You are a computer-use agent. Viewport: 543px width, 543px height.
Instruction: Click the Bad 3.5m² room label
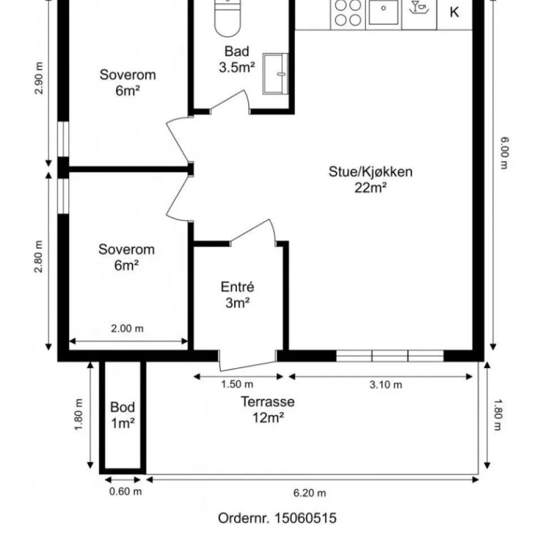(237, 59)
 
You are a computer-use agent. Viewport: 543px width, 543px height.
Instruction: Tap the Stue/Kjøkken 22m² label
(370, 179)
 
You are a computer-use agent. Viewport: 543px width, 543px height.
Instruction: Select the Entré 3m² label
(238, 295)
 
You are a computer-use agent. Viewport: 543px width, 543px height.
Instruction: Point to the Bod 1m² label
(123, 415)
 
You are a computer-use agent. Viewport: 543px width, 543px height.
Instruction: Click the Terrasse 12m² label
(268, 410)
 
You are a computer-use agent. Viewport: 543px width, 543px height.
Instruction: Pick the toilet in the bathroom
(227, 18)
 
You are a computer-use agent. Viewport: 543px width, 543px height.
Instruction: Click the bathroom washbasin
(275, 74)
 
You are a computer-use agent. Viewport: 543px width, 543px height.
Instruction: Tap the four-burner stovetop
(348, 14)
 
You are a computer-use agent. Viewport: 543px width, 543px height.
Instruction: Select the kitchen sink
(383, 14)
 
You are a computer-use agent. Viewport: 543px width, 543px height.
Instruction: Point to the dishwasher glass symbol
(419, 7)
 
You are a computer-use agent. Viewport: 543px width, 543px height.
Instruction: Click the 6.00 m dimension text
(504, 153)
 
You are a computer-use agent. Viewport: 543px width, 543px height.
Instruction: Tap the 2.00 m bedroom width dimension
(127, 328)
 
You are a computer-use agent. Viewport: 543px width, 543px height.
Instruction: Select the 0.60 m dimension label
(126, 492)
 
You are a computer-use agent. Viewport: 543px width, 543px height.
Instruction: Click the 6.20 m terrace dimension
(309, 493)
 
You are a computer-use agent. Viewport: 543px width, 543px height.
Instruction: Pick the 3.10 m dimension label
(386, 385)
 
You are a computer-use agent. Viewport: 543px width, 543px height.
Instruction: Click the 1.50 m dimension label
(237, 384)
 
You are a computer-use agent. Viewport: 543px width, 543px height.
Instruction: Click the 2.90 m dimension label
(39, 78)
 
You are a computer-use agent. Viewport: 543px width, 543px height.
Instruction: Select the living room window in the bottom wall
(390, 356)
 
